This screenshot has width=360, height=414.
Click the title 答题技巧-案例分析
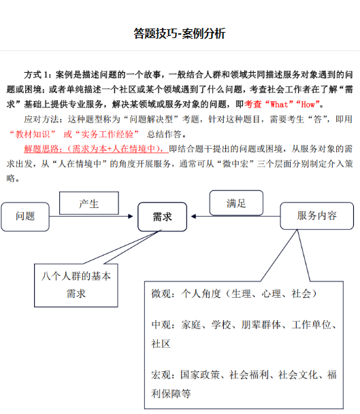coord(180,33)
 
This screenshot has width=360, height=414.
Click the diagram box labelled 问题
coord(25,217)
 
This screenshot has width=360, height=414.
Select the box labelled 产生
coord(89,203)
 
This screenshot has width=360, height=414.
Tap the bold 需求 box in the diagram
coord(162,217)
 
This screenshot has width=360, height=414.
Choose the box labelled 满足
coord(236,203)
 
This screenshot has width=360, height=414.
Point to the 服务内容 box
coord(316,215)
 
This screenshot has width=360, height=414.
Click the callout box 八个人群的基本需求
coord(76,285)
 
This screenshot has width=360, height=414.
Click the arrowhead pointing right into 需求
coord(130,216)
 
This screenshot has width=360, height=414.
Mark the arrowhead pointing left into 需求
coord(193,216)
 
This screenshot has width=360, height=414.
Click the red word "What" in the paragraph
coord(278,105)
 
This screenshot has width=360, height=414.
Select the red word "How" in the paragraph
coord(308,105)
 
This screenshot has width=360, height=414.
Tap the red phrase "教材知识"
coord(32,135)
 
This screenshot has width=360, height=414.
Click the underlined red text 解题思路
coord(42,149)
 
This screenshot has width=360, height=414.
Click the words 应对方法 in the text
coord(42,120)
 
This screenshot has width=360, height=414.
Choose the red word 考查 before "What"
coord(253,105)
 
